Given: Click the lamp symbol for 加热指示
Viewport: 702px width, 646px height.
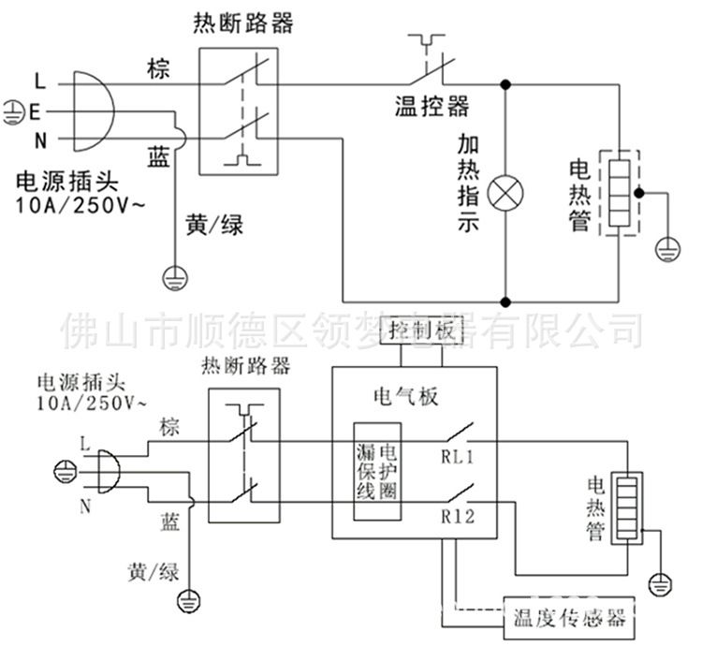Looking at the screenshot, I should (x=507, y=194).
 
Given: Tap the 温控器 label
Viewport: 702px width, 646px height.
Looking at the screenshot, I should (x=431, y=106).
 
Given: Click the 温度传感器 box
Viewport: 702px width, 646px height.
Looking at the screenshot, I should (x=568, y=619).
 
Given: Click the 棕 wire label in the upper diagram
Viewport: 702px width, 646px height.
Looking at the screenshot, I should (x=158, y=68).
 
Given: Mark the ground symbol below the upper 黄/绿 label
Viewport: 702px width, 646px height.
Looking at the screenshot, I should (x=175, y=274).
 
